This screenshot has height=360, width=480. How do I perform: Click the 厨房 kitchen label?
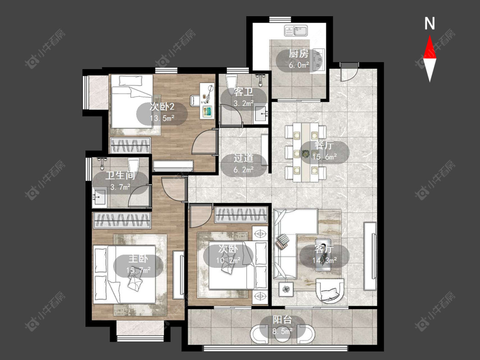click(x=299, y=54)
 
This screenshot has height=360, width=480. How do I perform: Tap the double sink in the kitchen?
click(x=296, y=31)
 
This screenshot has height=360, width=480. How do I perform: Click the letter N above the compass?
click(x=430, y=23)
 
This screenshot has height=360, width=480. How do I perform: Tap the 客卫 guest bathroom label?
click(x=243, y=92)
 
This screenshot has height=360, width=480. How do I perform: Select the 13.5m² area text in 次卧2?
click(x=162, y=118)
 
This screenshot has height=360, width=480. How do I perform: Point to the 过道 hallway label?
click(x=243, y=158)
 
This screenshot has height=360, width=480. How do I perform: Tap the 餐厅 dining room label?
click(x=324, y=145)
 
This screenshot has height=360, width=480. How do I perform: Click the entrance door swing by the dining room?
click(x=349, y=72)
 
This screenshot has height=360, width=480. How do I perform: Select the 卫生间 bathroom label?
click(x=120, y=175)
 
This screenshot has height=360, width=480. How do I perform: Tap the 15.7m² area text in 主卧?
click(x=138, y=270)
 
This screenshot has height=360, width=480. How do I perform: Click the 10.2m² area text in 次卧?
click(x=228, y=260)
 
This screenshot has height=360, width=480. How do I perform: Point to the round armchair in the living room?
click(x=330, y=290)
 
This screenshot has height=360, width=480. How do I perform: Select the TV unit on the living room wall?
click(x=370, y=256)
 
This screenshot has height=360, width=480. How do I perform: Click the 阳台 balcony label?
click(x=282, y=320)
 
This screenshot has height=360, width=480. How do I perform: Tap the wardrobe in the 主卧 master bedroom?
click(x=122, y=220)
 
